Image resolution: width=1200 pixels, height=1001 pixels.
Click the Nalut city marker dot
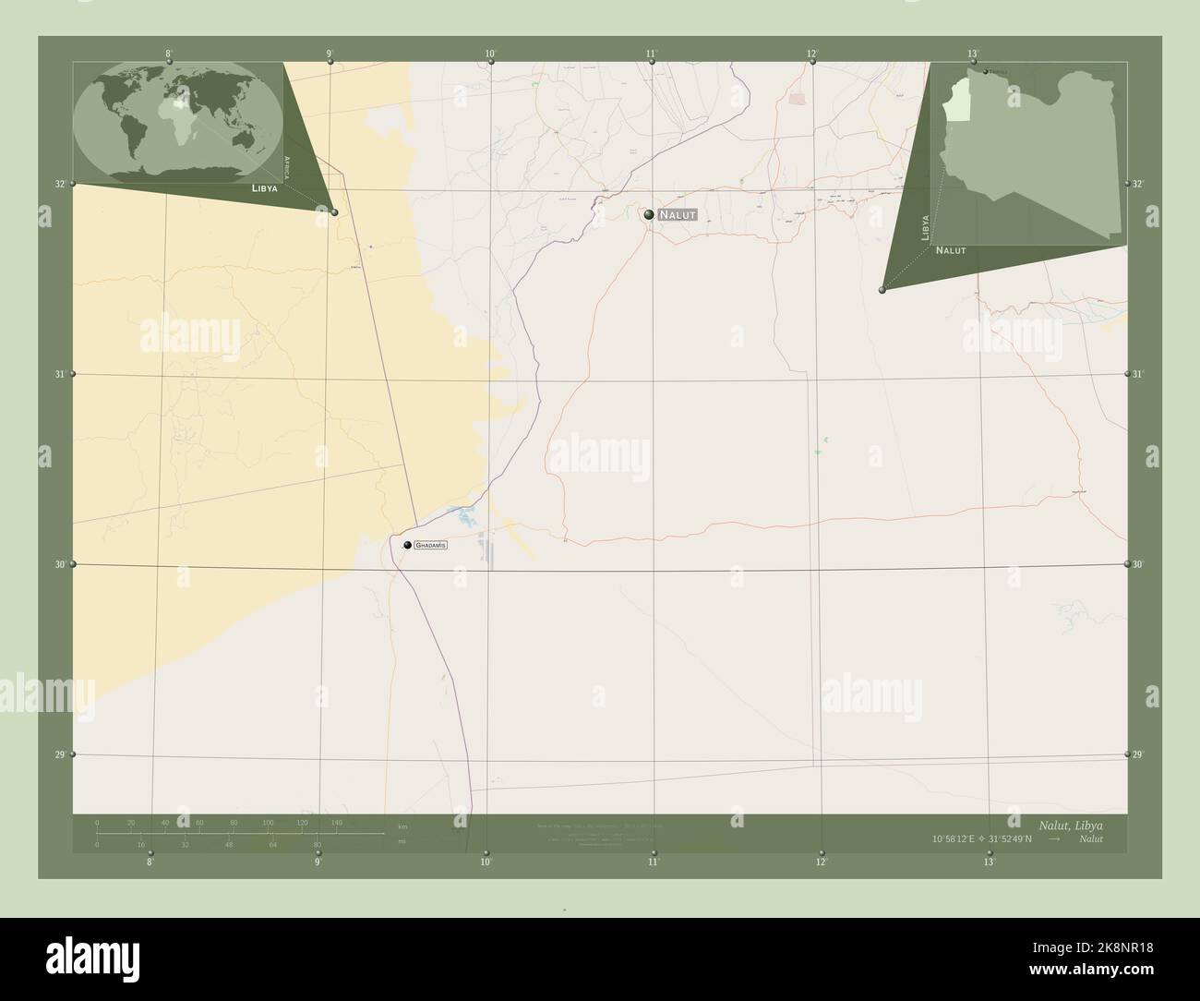pyautogui.click(x=650, y=214)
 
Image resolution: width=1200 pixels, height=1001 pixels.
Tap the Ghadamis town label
pyautogui.click(x=431, y=546)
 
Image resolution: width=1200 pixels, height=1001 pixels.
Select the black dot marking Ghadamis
pyautogui.click(x=407, y=546)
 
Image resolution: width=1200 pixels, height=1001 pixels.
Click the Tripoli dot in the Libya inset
pyautogui.click(x=986, y=71)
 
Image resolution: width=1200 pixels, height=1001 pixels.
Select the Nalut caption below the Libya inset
pyautogui.click(x=951, y=250)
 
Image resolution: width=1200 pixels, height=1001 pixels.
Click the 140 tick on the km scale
pyautogui.click(x=336, y=822)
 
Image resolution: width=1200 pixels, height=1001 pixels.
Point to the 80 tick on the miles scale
pyautogui.click(x=317, y=844)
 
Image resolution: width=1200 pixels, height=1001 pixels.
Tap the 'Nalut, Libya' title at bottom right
pyautogui.click(x=1070, y=824)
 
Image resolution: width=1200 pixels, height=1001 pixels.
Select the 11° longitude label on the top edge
pyautogui.click(x=652, y=54)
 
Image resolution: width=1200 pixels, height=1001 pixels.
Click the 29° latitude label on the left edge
pyautogui.click(x=59, y=754)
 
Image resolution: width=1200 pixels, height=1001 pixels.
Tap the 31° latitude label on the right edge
pyautogui.click(x=1139, y=373)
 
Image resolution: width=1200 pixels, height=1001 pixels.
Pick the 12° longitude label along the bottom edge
pyautogui.click(x=821, y=862)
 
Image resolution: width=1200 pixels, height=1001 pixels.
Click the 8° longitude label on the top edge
pyautogui.click(x=168, y=54)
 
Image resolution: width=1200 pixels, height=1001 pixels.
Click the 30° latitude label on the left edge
pyautogui.click(x=59, y=564)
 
